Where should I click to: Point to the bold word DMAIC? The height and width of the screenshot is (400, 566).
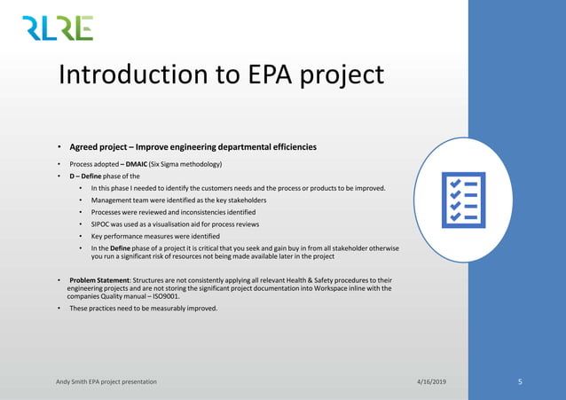[x=137, y=164]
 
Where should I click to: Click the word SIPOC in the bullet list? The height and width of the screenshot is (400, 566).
[x=102, y=225]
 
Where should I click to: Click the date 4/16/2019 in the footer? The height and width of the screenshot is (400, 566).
[x=434, y=381]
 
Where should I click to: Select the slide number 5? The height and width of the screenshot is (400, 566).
[x=521, y=381]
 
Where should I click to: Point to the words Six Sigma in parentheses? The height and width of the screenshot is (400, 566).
[x=172, y=164]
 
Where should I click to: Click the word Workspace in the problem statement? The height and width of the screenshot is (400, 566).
[x=324, y=289]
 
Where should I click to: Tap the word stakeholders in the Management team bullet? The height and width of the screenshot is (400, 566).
[x=241, y=200]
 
